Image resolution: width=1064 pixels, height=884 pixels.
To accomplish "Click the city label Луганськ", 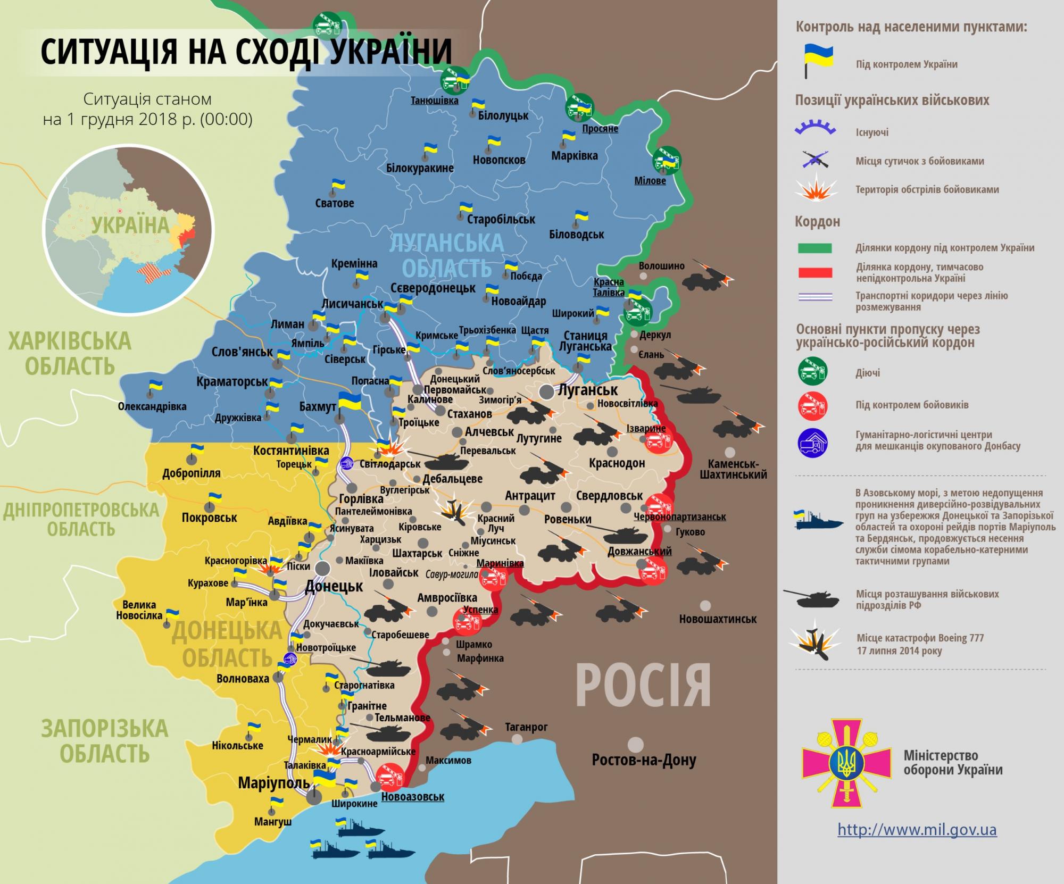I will click(587, 390).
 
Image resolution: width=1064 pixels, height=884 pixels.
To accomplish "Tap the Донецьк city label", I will click(334, 587).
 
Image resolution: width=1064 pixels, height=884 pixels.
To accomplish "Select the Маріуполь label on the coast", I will click(273, 783).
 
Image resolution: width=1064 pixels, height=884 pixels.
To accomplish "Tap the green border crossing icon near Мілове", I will click(667, 160).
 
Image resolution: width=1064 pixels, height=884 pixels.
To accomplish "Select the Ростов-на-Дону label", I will click(644, 760).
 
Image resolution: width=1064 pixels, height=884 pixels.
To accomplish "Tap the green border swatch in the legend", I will click(814, 248).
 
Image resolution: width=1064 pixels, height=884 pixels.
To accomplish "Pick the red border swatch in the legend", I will click(814, 273).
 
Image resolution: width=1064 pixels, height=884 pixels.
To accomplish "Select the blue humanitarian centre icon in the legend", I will click(812, 441).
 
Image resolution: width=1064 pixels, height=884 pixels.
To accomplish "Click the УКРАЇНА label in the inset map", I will click(130, 225).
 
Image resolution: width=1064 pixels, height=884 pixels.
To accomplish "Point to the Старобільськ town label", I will click(501, 219).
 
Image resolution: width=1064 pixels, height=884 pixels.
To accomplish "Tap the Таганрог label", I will click(526, 727).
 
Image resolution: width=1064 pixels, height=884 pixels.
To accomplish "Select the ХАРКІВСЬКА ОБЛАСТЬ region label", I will click(70, 354).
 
